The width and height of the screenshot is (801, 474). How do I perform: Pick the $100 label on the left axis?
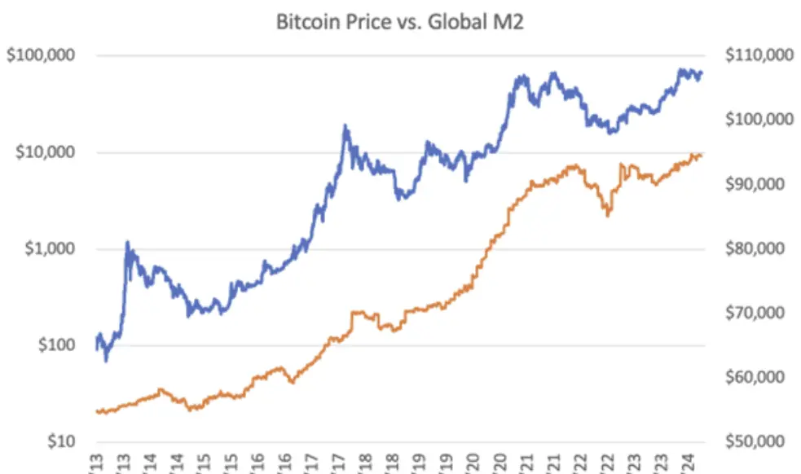click(55, 345)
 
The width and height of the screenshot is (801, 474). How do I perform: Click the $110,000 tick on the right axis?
click(757, 55)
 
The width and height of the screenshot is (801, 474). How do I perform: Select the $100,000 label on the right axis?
click(757, 120)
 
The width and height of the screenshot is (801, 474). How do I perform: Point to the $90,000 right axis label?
click(754, 184)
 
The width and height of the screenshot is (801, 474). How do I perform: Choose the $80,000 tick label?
click(754, 248)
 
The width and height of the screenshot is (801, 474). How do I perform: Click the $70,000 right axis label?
click(754, 313)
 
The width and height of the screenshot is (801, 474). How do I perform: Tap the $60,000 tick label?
click(754, 377)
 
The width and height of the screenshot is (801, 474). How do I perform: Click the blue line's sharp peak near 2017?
click(345, 126)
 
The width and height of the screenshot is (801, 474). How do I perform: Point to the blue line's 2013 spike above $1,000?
click(127, 242)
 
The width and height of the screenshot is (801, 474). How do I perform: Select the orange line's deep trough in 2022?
click(608, 215)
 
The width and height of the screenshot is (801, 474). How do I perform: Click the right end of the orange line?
click(702, 155)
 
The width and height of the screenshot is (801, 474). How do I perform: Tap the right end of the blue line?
click(702, 73)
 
